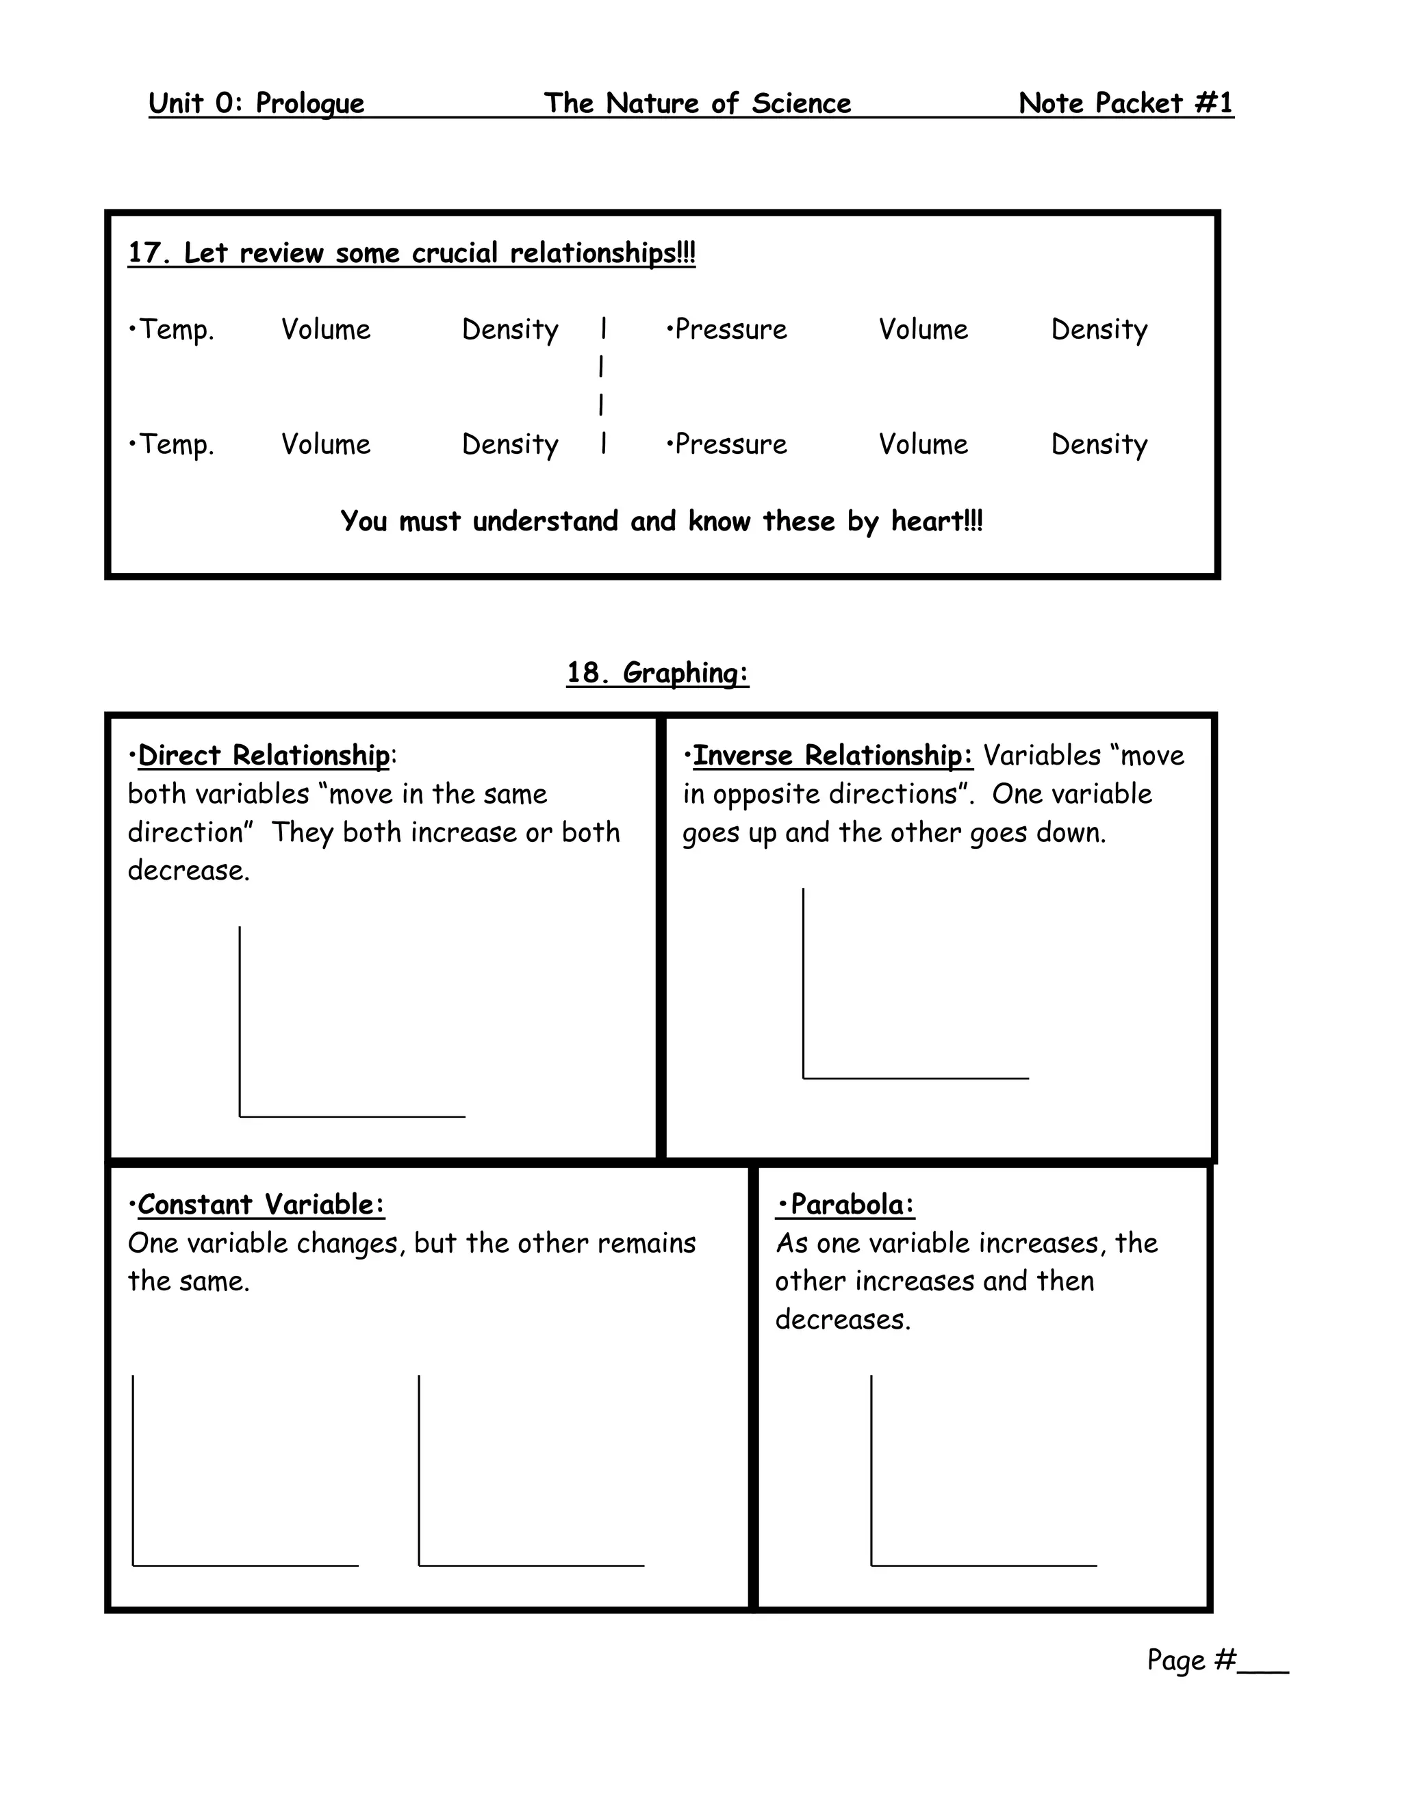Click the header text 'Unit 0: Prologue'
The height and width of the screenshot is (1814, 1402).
[x=256, y=103]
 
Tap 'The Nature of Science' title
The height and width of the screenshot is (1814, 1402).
[x=697, y=103]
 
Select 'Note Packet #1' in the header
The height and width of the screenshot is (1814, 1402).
[x=1125, y=103]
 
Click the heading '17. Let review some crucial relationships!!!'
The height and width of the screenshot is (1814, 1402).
[x=411, y=253]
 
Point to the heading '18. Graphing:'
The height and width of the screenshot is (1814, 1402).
[x=658, y=672]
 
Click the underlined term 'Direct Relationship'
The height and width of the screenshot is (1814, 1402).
[x=264, y=755]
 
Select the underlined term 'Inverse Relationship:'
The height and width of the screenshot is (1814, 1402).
[x=832, y=755]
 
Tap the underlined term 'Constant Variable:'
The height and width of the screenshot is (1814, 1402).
[x=261, y=1203]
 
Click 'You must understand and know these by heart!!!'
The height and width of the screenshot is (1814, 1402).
[x=661, y=521]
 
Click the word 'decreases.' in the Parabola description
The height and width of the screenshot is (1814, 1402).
[x=843, y=1319]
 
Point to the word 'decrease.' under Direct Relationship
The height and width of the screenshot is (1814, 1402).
[x=188, y=871]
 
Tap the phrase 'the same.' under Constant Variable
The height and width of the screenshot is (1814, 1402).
[x=188, y=1281]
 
